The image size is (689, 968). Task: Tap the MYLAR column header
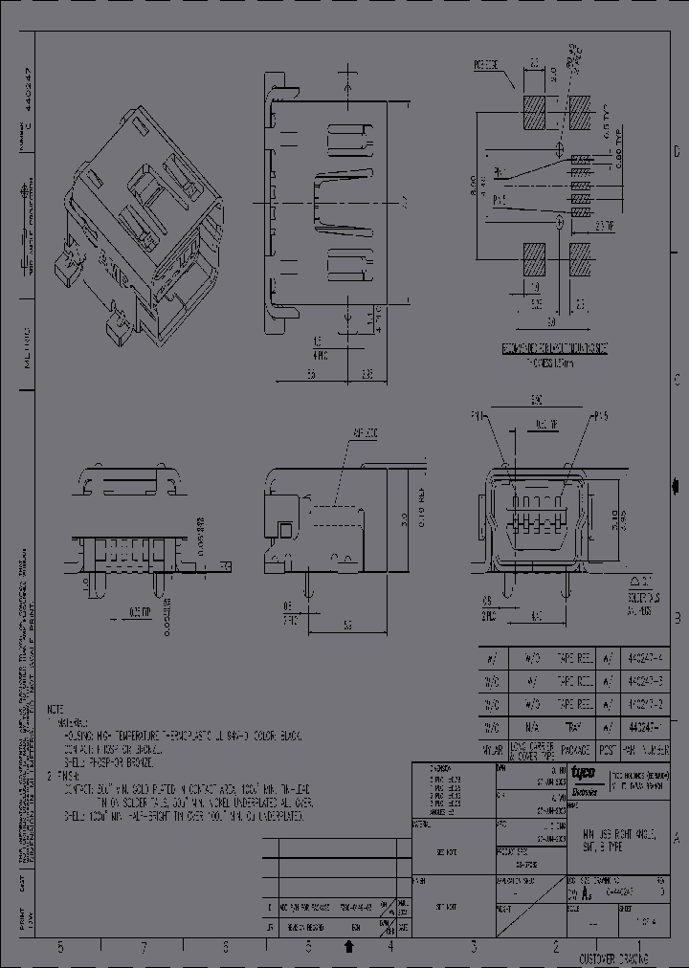click(492, 752)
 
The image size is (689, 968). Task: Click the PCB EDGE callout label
click(488, 67)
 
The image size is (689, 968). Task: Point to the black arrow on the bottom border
click(349, 947)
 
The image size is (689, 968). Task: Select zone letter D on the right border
click(678, 152)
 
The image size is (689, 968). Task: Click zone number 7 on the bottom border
click(144, 947)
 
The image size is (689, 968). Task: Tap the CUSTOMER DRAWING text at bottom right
click(613, 958)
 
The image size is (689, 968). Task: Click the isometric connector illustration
click(144, 220)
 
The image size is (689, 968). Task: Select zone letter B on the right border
click(678, 618)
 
